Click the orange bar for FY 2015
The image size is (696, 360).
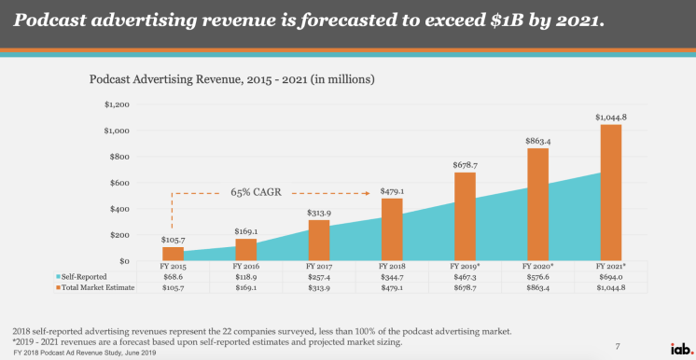[x=174, y=253]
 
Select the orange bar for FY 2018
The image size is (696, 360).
[x=393, y=228]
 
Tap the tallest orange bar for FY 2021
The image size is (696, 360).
[x=610, y=191]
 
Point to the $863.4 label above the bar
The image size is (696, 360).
[x=538, y=140]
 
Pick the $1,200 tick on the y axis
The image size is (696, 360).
[x=116, y=104]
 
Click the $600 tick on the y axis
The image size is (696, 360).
[x=118, y=183]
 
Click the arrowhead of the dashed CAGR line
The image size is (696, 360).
[x=369, y=194]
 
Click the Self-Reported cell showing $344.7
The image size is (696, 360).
[x=393, y=278]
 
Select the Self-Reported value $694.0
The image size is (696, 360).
[x=611, y=278]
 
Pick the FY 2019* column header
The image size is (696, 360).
[x=465, y=267]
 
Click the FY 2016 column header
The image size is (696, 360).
[x=246, y=267]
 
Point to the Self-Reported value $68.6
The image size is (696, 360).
[x=174, y=278]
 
